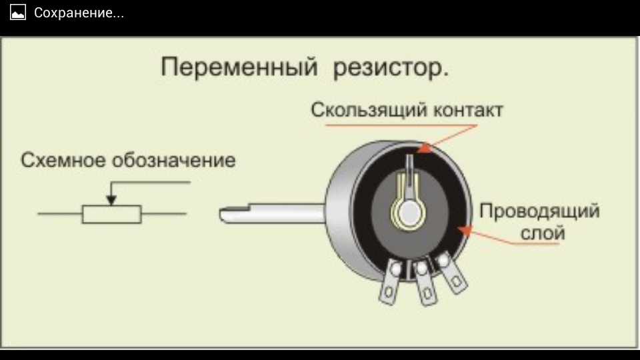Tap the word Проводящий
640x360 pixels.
[539, 212]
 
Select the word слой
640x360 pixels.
[539, 233]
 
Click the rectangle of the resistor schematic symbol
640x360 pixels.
[112, 214]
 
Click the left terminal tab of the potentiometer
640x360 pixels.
[389, 283]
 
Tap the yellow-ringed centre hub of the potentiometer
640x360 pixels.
[408, 212]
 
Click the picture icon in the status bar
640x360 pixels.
[17, 13]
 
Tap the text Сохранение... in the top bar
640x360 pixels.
[79, 13]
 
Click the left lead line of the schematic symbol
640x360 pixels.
[60, 214]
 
